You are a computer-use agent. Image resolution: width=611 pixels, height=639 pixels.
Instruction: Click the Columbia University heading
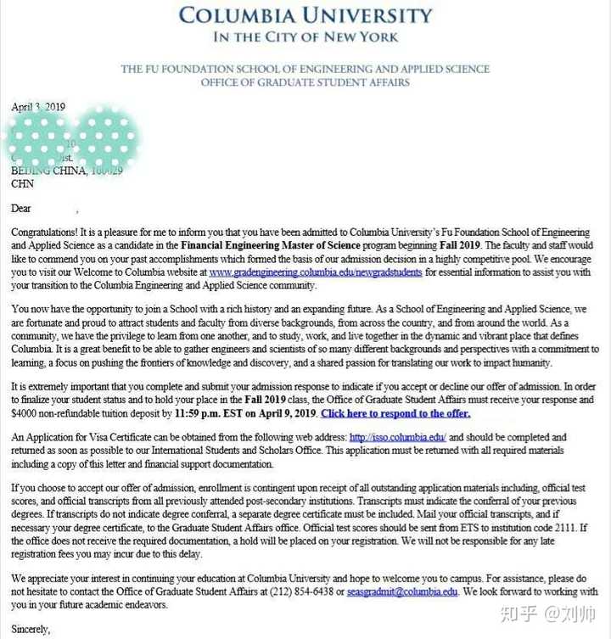point(305,16)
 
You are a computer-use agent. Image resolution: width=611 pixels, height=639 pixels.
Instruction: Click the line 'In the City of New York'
point(305,37)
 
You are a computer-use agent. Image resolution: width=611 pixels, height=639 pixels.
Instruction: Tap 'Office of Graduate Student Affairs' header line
point(305,82)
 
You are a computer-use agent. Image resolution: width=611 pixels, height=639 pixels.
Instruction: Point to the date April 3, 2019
point(38,108)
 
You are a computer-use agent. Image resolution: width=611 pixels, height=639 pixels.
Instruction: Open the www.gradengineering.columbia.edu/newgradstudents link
point(316,272)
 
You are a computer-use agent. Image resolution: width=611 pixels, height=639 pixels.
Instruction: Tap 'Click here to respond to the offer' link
point(395,413)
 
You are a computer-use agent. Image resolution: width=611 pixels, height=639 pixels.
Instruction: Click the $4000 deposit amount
point(25,413)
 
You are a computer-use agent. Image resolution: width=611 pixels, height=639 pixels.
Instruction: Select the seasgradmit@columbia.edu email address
point(402,591)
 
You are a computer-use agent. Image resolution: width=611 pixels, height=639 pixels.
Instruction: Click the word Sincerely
point(31,630)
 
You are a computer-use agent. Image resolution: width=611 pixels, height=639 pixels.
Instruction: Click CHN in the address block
point(22,183)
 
